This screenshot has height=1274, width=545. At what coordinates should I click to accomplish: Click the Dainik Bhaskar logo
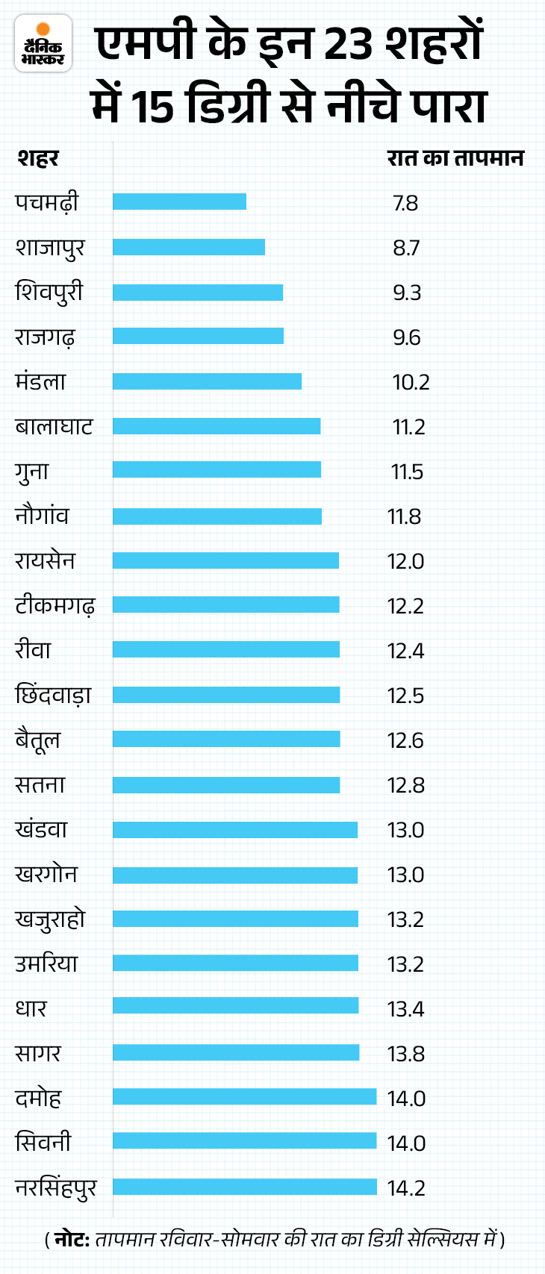click(x=43, y=43)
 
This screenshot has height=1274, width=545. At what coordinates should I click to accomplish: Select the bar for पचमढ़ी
click(x=179, y=202)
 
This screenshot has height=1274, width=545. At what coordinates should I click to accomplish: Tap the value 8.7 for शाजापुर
click(x=406, y=248)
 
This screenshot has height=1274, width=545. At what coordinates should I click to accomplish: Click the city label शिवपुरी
click(x=49, y=292)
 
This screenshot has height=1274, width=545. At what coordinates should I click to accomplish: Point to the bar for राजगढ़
click(x=198, y=337)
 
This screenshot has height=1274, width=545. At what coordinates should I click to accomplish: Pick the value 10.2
click(x=411, y=382)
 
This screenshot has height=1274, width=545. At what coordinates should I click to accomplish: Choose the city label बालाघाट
click(x=54, y=426)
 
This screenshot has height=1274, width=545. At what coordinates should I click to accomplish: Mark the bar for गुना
click(x=217, y=470)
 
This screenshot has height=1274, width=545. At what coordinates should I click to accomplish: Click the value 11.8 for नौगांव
click(x=404, y=516)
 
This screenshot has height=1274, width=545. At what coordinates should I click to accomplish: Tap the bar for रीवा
click(x=226, y=650)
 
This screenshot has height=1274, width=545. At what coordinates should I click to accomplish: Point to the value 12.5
click(x=405, y=696)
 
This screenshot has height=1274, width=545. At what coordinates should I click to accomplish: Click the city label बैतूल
click(x=37, y=740)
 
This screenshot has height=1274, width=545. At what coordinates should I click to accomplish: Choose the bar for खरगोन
click(x=235, y=875)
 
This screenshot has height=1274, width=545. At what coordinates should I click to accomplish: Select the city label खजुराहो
click(x=50, y=919)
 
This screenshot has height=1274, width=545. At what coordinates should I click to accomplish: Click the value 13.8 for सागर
click(x=405, y=1054)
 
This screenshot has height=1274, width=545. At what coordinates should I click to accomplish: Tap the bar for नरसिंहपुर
click(x=245, y=1187)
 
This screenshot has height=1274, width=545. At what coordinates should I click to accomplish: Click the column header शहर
click(x=37, y=158)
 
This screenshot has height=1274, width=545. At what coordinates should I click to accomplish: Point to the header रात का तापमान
click(x=455, y=158)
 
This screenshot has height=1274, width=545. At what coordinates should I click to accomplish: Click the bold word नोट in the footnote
click(x=72, y=1240)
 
